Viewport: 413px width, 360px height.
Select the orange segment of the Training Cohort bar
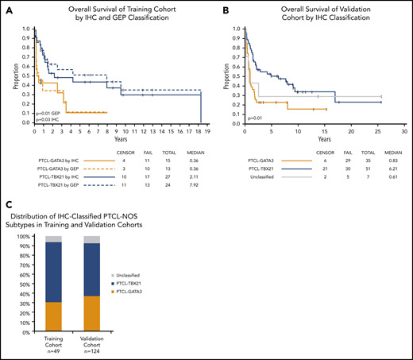click(53, 317)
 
